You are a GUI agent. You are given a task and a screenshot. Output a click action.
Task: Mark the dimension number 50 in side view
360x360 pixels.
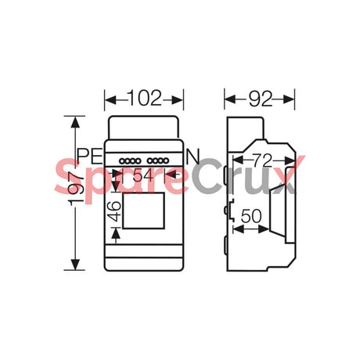coord(250,214)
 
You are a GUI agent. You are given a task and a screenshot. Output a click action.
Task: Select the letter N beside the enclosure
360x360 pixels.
coord(193,155)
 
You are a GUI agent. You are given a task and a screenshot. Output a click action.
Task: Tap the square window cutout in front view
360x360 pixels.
coord(144,213)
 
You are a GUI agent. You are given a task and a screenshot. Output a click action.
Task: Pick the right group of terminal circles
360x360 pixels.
coord(159,161)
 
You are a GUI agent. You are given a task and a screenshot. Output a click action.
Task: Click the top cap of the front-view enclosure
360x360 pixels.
coord(144,128)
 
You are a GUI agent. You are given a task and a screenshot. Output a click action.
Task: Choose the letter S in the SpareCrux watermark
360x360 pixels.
coord(69,179)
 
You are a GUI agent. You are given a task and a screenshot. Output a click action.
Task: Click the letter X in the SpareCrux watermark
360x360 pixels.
coord(284,178)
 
